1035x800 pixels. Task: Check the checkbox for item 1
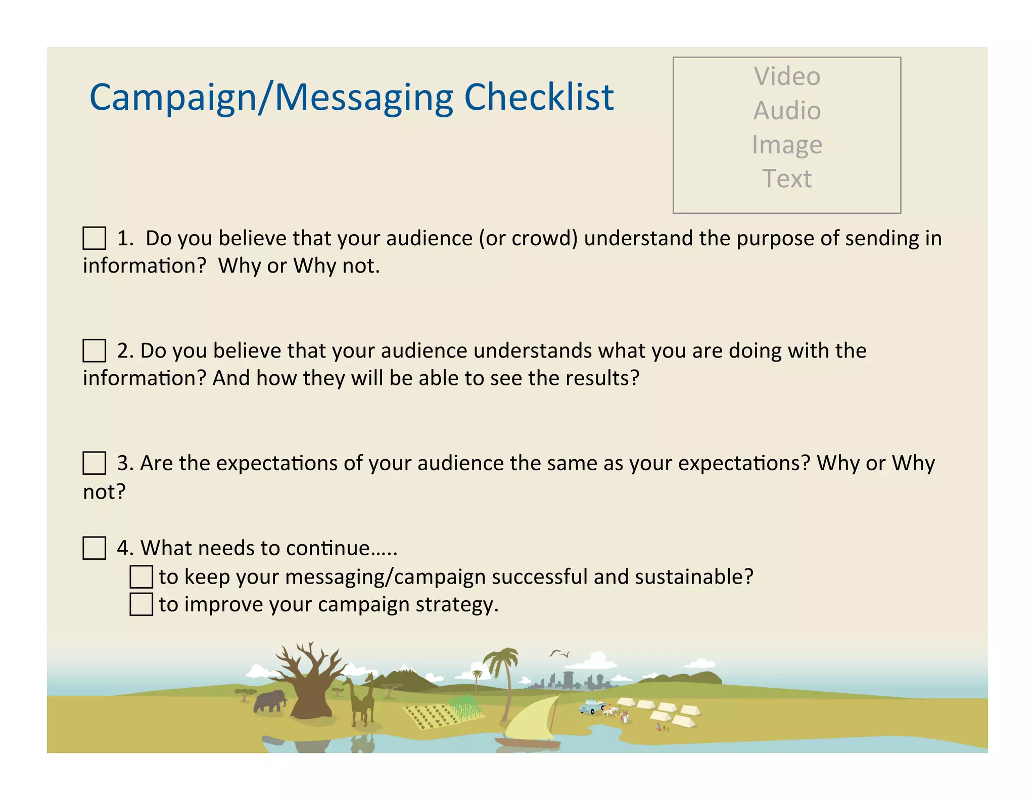tap(94, 238)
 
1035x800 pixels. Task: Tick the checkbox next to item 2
tap(94, 350)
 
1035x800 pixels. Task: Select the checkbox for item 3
tap(94, 463)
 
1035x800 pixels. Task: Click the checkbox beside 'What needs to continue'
tap(94, 548)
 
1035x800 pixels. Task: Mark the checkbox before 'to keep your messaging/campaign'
tap(141, 576)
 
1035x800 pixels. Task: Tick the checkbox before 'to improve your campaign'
tap(141, 604)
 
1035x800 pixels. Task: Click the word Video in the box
tap(787, 76)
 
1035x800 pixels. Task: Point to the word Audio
tap(787, 111)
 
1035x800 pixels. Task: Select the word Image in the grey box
tap(787, 145)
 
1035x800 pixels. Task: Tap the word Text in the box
tap(787, 179)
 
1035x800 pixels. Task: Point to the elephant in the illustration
tap(269, 701)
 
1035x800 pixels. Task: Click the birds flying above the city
tap(559, 653)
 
